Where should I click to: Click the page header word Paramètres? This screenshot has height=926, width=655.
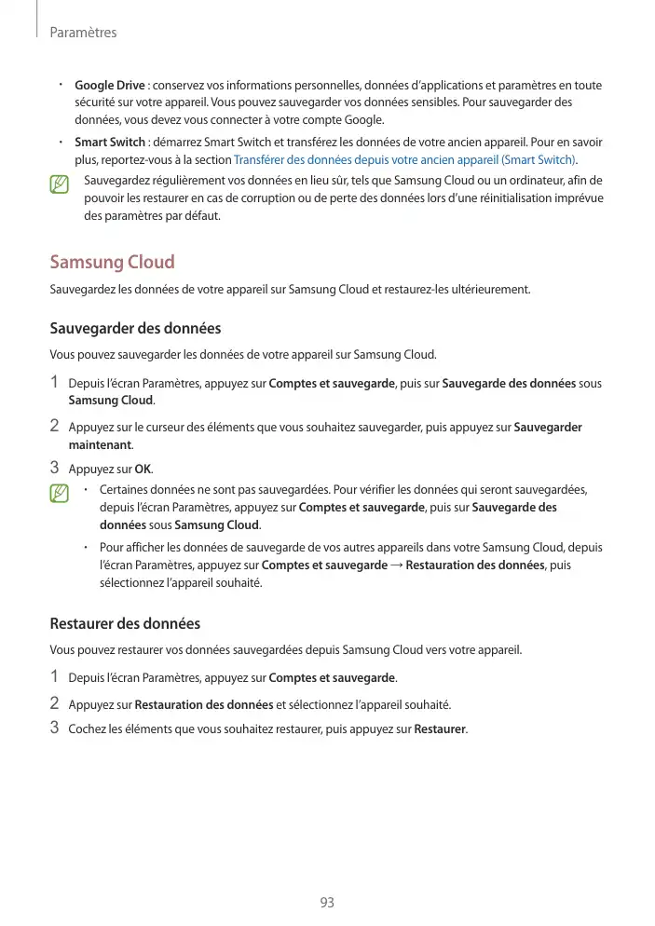coord(83,33)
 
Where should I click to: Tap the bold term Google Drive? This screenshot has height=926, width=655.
coord(109,86)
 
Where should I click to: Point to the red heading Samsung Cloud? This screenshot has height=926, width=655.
coord(112,263)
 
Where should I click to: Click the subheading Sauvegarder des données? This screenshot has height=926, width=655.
coord(135,329)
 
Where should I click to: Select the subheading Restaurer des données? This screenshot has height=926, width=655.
coord(125,623)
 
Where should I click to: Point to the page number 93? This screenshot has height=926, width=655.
coord(327,903)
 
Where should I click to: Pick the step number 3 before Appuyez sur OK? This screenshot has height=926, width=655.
coord(54,468)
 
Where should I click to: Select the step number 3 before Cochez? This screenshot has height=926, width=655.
coord(54,728)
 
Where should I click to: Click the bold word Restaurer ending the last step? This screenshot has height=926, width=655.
coord(440,729)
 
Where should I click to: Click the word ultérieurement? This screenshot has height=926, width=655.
coord(486,290)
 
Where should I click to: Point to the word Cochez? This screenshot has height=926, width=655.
coord(87,729)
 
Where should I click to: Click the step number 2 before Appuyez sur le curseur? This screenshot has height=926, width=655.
coord(54,427)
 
